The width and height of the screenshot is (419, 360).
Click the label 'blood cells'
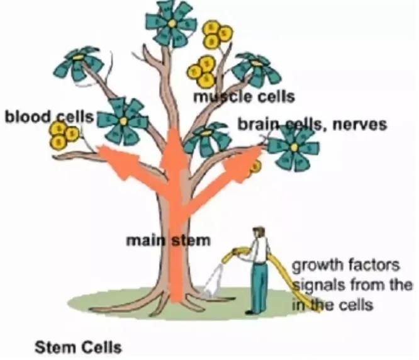point(49,117)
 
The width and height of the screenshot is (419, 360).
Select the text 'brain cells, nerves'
point(311,124)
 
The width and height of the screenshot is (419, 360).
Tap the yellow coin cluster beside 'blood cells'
point(63,134)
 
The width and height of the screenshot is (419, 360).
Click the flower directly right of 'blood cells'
point(123,120)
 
